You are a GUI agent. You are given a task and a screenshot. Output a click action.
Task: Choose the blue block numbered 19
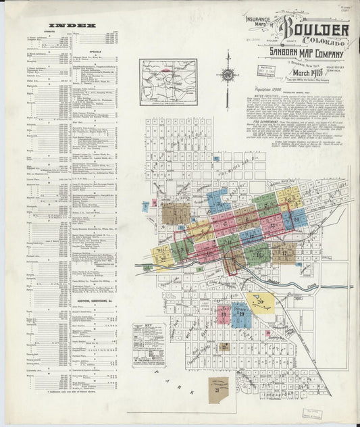(x=240, y=313)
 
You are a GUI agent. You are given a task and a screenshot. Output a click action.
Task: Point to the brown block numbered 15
(x=284, y=253)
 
